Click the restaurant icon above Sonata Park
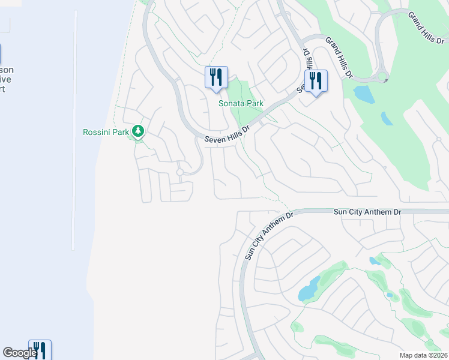tap(216, 77)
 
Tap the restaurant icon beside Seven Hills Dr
tap(316, 81)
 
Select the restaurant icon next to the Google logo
tap(40, 350)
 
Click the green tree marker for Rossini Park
tap(139, 131)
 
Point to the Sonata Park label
tap(241, 103)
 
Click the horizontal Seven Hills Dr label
tap(228, 134)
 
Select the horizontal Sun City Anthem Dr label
tap(367, 212)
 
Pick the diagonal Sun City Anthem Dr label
tap(269, 235)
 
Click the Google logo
tap(20, 353)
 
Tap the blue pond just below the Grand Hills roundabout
tap(363, 93)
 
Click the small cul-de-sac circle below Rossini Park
tap(179, 172)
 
